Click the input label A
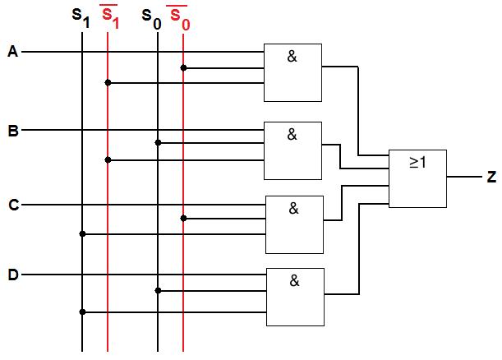point(12,52)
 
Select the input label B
point(12,130)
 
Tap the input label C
point(12,205)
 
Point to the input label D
point(12,275)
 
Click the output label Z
point(491,177)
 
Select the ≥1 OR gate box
point(417,178)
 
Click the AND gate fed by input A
point(292,72)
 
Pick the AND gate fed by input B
point(292,150)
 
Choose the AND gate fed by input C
point(293,224)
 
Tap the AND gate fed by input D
point(294,297)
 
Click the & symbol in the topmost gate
point(292,56)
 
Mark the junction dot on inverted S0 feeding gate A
point(183,67)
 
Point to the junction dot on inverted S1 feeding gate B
point(108,159)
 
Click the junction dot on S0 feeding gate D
point(158,290)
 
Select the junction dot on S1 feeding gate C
point(82,233)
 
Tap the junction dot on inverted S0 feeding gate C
point(183,218)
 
